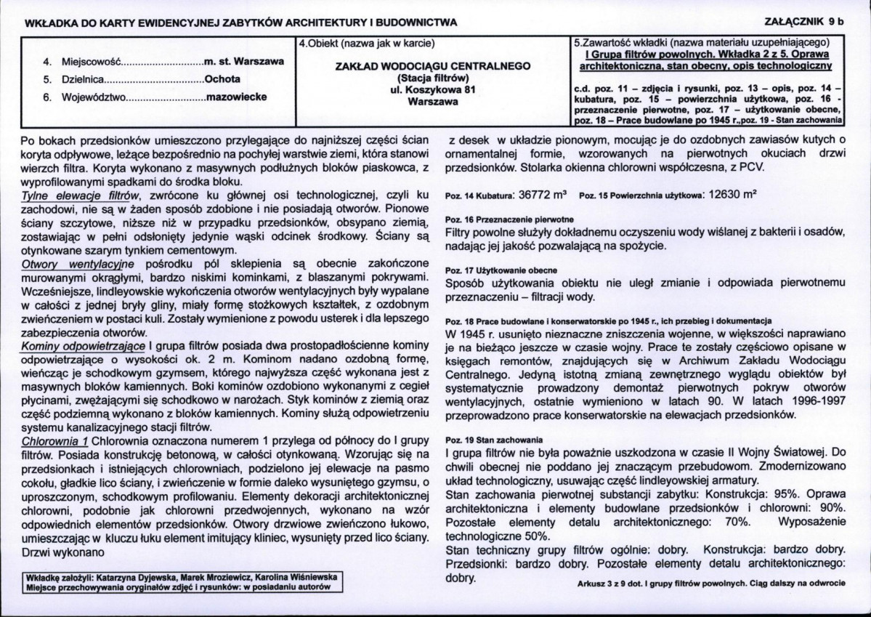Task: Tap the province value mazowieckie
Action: tap(237, 96)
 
